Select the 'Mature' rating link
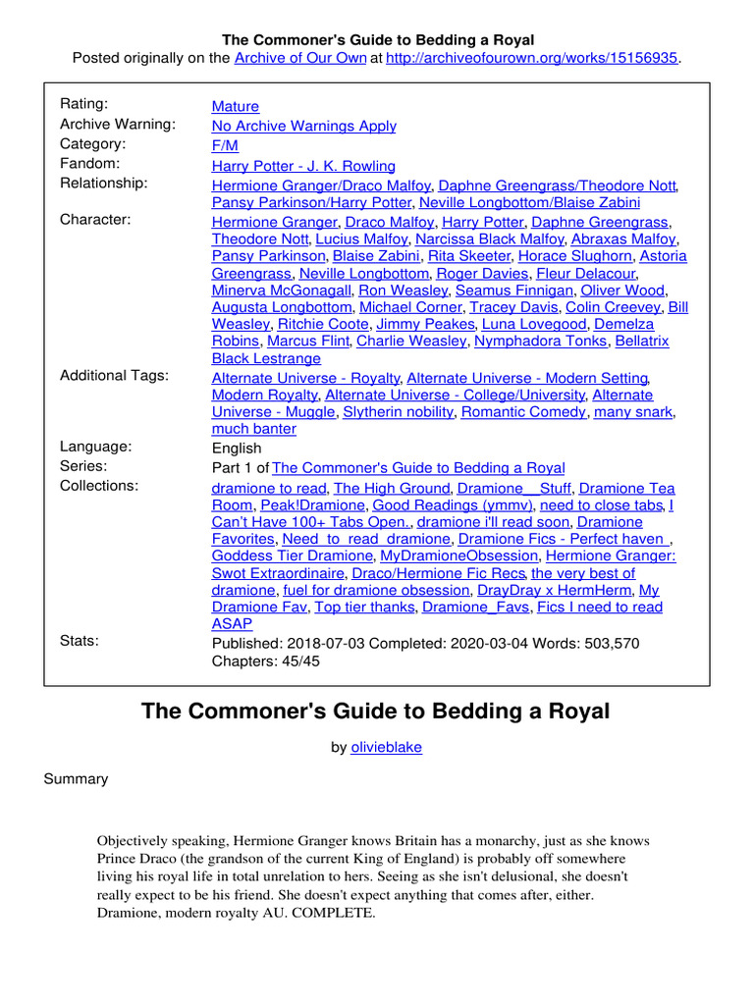[236, 106]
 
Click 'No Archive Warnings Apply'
[304, 126]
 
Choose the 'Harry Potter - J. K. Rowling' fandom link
[303, 166]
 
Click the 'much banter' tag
[254, 429]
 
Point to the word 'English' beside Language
[237, 449]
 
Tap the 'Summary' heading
[76, 778]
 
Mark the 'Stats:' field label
[80, 642]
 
